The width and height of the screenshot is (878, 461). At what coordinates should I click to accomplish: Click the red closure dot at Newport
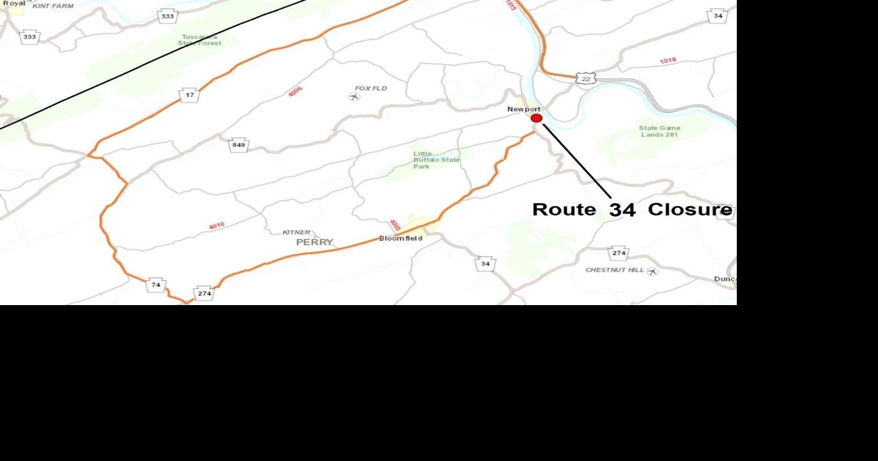[x=537, y=118]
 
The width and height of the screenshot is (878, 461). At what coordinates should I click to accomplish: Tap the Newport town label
[x=524, y=109]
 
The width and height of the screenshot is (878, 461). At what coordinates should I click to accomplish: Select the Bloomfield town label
[x=400, y=238]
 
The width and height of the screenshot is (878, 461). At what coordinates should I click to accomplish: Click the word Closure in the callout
[x=690, y=209]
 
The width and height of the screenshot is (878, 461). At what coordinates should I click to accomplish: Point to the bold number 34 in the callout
[x=622, y=210]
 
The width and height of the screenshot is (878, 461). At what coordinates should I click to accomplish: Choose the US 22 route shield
[x=586, y=79]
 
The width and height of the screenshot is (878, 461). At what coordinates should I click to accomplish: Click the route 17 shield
[x=190, y=95]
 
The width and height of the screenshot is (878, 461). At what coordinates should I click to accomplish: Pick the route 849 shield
[x=239, y=145]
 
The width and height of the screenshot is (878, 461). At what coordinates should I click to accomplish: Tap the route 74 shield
[x=156, y=285]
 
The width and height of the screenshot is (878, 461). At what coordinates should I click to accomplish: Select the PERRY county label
[x=314, y=242]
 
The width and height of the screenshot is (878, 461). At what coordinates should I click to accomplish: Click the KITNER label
[x=296, y=233]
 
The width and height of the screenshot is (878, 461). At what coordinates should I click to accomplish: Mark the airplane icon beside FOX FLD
[x=354, y=96]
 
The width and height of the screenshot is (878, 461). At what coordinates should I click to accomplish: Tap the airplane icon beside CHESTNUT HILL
[x=652, y=271]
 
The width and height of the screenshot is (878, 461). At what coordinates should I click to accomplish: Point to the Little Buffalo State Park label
[x=435, y=160]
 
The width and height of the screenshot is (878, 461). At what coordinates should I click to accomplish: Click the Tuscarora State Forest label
[x=200, y=40]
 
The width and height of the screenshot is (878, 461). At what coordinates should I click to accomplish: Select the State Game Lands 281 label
[x=660, y=131]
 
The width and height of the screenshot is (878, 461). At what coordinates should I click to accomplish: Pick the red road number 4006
[x=295, y=92]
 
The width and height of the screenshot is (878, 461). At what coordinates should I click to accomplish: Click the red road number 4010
[x=216, y=226]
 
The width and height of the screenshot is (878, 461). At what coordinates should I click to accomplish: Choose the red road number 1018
[x=668, y=61]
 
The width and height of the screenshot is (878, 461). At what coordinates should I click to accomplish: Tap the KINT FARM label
[x=53, y=6]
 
